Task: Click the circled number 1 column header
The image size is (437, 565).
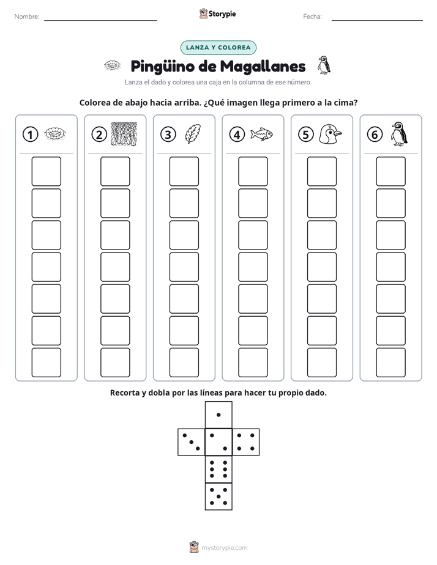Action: click(30, 135)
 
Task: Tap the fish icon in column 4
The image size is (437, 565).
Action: click(261, 134)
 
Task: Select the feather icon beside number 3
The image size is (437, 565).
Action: click(193, 134)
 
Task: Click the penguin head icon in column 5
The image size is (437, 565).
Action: click(331, 134)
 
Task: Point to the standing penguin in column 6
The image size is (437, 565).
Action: click(399, 134)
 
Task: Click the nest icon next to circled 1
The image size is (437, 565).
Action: click(55, 134)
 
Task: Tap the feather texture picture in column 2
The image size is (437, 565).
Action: click(124, 134)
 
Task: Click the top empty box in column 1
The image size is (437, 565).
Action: click(46, 171)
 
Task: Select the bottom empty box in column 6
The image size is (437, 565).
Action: click(390, 363)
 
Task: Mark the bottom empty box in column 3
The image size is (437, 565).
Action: click(184, 363)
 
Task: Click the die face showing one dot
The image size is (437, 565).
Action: click(219, 415)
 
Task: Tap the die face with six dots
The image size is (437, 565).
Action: click(219, 469)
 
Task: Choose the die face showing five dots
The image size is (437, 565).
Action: click(219, 497)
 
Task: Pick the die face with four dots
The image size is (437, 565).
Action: click(246, 442)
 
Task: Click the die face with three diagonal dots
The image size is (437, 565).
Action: click(192, 442)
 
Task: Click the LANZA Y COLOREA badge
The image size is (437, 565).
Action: click(218, 48)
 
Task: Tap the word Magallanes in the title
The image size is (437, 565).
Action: click(263, 67)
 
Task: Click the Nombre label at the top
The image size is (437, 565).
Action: click(27, 17)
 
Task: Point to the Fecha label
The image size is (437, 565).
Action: click(312, 17)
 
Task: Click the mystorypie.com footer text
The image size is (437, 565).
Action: click(224, 548)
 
